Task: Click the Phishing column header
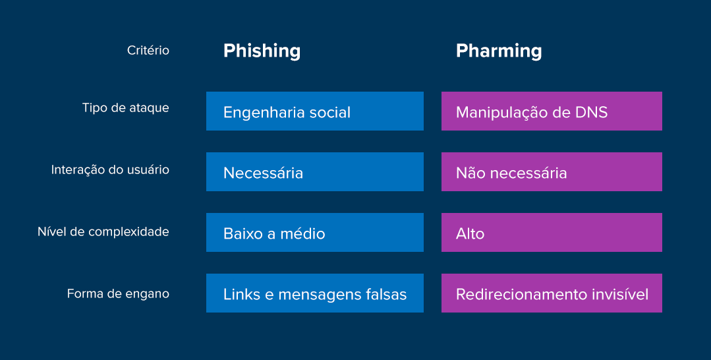262,51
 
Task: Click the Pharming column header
499,51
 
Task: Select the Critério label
148,50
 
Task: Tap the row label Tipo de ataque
125,107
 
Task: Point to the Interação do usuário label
110,169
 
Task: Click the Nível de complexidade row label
103,231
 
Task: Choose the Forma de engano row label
118,293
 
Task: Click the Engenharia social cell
314,111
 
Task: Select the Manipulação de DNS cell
552,111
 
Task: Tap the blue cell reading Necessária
314,172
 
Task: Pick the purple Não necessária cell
552,172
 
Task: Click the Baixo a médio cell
314,233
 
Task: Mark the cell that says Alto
552,233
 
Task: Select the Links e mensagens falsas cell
314,293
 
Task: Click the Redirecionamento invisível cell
552,293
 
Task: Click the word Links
241,294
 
